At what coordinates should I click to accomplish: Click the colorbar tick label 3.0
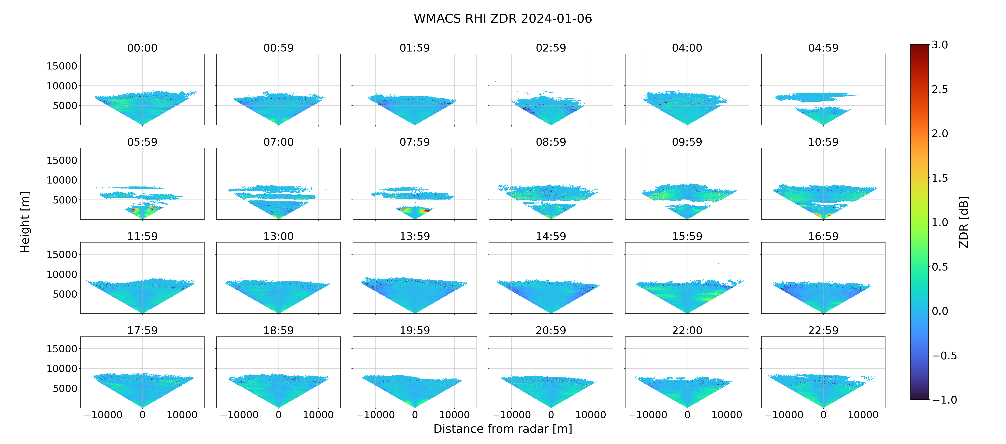(940, 45)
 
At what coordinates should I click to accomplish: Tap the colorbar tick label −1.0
(944, 400)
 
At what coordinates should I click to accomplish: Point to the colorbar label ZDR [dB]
(964, 222)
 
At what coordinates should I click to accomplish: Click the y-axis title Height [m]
(25, 222)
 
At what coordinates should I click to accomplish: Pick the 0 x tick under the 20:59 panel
(551, 415)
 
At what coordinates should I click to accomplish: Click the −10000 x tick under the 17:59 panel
(103, 415)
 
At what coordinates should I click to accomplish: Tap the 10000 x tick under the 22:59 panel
(863, 415)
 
